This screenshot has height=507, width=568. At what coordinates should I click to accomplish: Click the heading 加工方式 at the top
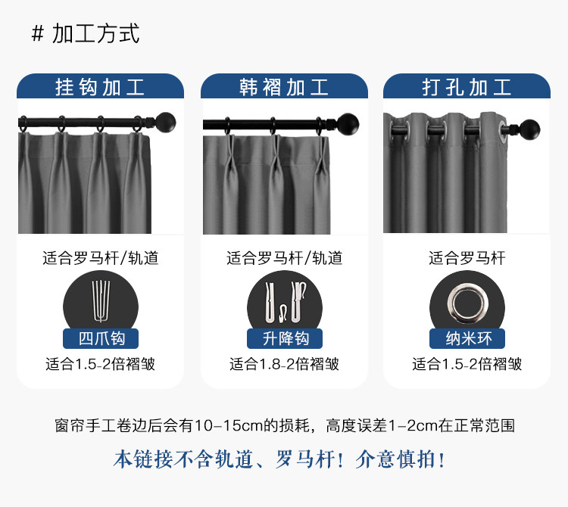96,34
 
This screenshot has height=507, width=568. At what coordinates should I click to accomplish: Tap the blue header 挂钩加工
100,87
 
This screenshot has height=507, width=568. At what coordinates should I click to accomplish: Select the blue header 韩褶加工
284,87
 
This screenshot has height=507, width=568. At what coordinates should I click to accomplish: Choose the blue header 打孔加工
467,87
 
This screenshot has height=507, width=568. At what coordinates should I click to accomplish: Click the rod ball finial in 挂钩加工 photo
166,122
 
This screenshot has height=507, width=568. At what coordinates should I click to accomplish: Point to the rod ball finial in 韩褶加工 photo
348,122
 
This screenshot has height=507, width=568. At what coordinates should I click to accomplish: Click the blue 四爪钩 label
101,338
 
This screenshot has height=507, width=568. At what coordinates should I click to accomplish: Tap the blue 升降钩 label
285,338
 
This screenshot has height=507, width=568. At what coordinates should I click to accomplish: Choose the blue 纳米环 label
467,338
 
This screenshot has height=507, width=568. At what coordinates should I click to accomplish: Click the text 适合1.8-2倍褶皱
284,364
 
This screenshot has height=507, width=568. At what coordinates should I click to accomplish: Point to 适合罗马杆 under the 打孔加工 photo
467,258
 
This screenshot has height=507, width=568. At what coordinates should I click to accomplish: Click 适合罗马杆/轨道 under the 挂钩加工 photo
101,258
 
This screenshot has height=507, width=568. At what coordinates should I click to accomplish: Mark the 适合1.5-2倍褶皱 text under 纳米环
467,364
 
